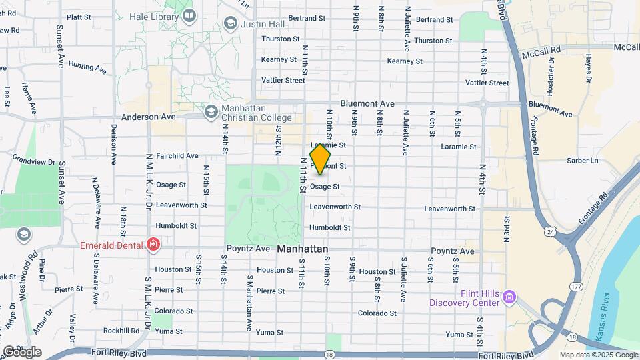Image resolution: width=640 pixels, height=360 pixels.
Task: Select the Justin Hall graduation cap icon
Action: (230, 24)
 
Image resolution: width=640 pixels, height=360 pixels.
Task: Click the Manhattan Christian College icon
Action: (211, 110)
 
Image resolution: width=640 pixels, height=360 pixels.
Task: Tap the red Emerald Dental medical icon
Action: (154, 245)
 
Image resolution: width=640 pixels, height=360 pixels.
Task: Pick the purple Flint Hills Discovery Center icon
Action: (510, 296)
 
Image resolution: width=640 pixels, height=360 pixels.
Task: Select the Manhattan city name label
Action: (303, 249)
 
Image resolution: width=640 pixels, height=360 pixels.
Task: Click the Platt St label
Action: (79, 17)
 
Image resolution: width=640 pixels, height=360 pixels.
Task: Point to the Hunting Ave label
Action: (87, 67)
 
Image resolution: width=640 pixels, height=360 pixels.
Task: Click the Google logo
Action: (21, 351)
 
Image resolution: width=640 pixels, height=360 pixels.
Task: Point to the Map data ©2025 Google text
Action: (597, 355)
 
